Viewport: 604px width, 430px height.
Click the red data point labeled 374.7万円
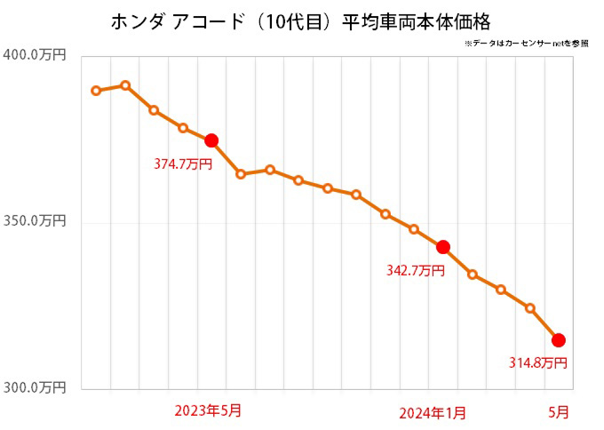[211, 140]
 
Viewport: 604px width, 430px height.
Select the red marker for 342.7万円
[443, 247]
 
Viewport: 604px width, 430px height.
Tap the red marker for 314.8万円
[559, 340]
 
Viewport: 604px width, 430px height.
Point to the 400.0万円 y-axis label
[36, 56]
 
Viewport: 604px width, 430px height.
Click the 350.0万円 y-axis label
[36, 222]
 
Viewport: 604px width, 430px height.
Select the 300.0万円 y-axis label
[36, 387]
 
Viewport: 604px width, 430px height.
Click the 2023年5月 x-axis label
[208, 410]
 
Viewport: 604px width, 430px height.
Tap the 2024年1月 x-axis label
[433, 412]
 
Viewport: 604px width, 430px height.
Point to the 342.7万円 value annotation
[415, 270]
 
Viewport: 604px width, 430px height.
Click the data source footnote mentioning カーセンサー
[525, 43]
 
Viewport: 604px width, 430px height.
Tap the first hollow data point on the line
[96, 91]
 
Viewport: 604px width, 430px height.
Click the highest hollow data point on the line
[125, 86]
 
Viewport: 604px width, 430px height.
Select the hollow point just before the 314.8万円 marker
[530, 308]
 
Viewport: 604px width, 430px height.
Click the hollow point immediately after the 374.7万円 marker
[241, 174]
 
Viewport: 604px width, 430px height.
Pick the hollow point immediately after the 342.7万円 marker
[473, 275]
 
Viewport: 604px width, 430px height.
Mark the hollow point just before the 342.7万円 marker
[414, 229]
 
